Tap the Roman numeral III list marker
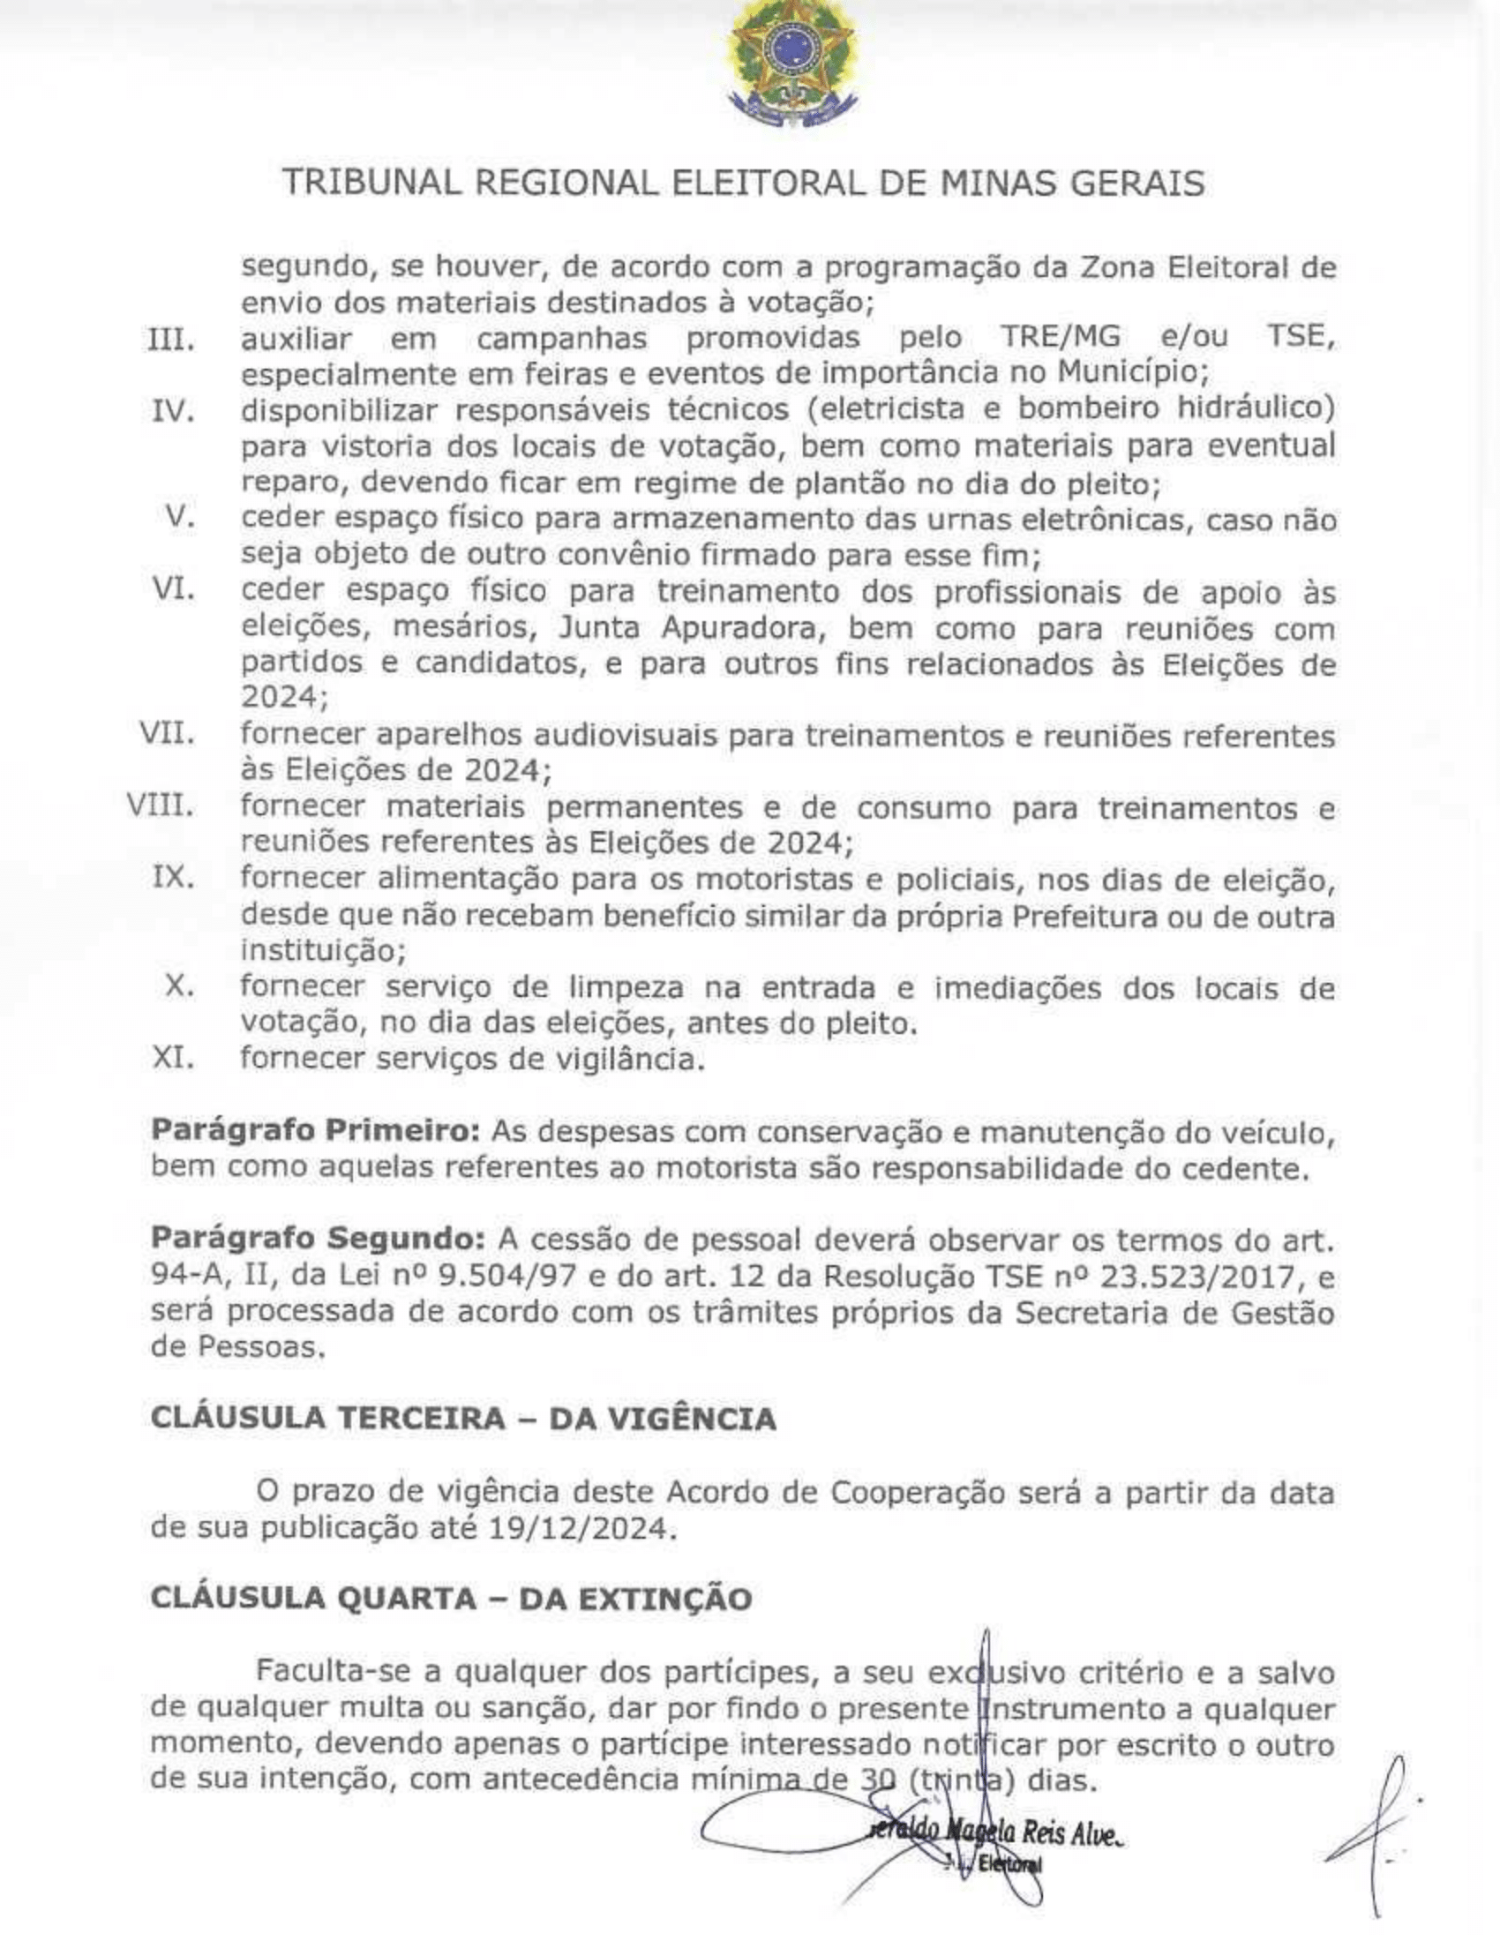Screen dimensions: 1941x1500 coord(169,340)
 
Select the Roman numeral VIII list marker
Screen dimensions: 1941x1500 coord(160,806)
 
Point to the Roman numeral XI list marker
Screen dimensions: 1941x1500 coord(173,1058)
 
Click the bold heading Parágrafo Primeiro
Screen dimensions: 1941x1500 coord(316,1130)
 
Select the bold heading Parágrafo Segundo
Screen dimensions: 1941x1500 coord(318,1238)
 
